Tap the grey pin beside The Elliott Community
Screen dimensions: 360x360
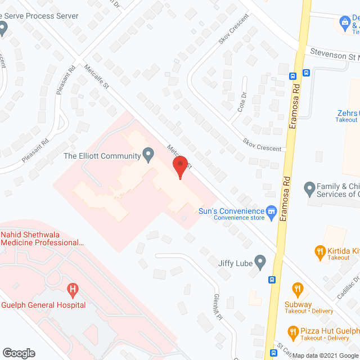148,154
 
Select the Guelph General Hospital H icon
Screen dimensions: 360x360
72,290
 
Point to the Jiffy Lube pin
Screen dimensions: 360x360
260,261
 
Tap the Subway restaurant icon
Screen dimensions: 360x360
298,290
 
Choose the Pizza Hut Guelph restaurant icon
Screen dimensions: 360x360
292,331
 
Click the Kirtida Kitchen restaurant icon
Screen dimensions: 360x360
321,251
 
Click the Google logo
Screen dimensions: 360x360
18,353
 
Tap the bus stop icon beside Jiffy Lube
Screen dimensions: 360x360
272,280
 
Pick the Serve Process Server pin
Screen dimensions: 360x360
3,28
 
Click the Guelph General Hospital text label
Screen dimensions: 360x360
43,305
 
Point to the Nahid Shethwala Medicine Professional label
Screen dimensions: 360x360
42,238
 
